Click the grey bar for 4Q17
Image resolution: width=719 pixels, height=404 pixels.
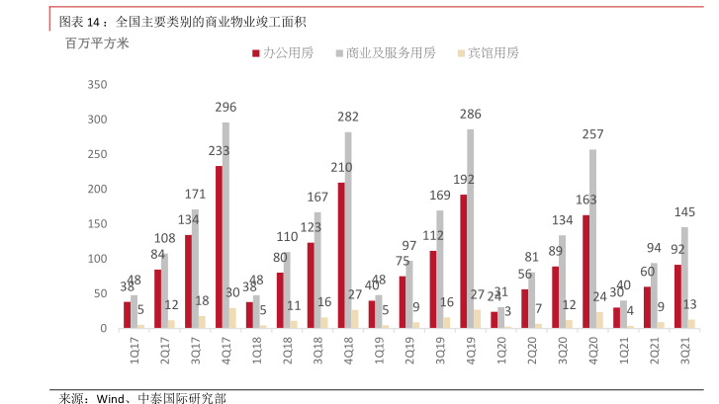click(x=225, y=225)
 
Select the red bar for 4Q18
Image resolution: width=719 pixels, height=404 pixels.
click(x=341, y=255)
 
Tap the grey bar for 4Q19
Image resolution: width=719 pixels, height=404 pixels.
click(x=471, y=228)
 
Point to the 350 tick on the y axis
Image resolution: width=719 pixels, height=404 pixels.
click(x=96, y=85)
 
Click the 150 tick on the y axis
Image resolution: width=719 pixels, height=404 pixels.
click(x=96, y=224)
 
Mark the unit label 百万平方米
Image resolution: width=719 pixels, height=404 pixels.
click(x=97, y=43)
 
